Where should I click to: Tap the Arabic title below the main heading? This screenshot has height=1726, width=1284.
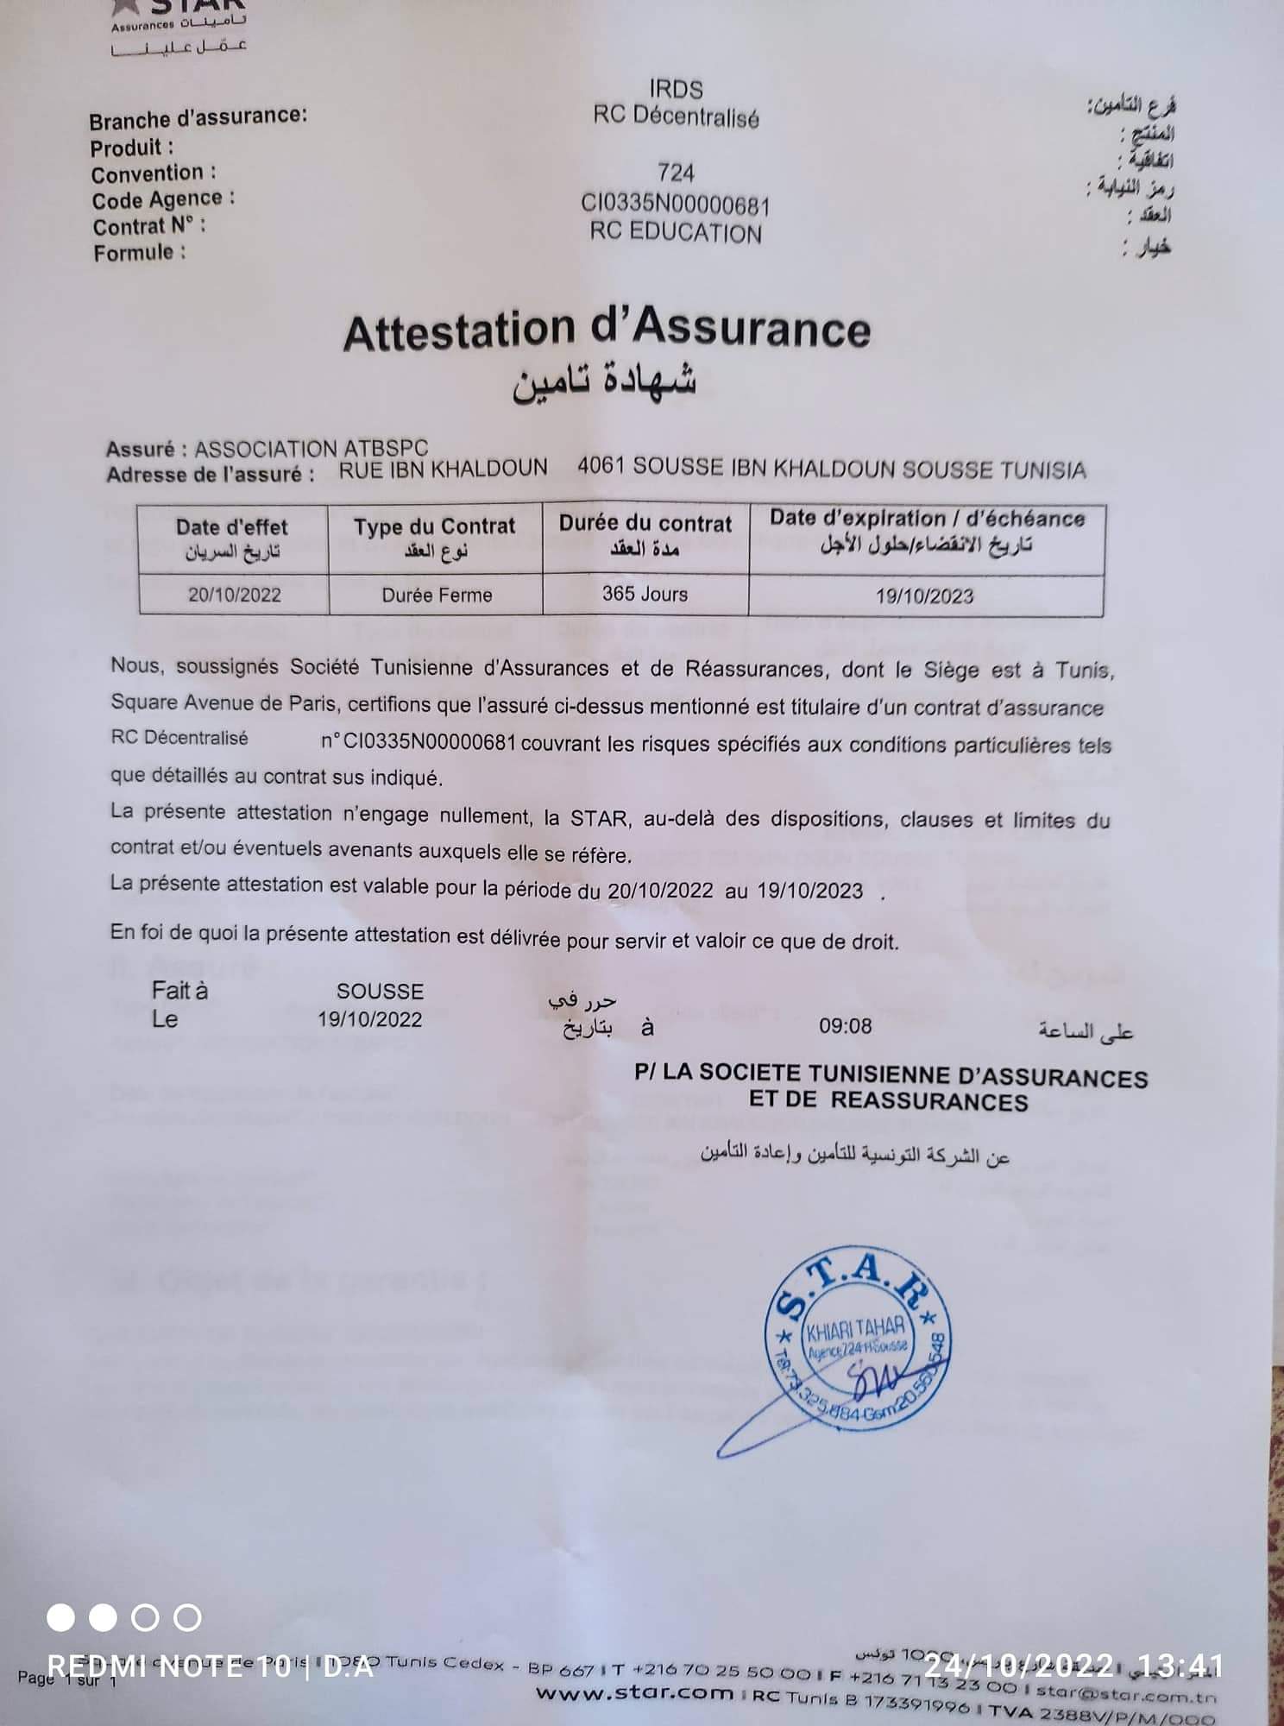tap(604, 382)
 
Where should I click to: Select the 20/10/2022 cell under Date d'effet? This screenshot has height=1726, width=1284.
tap(234, 595)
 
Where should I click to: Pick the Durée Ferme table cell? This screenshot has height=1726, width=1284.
tap(437, 595)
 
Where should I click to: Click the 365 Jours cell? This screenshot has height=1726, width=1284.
tap(645, 594)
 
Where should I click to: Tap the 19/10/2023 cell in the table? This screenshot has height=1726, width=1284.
tap(924, 595)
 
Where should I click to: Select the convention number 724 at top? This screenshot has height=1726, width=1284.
tap(676, 173)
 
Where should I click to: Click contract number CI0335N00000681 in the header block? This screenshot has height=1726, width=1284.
tap(675, 205)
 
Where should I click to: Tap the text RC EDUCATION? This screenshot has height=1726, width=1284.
tap(676, 233)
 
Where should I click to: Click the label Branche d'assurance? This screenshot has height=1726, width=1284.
tap(198, 117)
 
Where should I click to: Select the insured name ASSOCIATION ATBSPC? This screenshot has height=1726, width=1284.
tap(311, 449)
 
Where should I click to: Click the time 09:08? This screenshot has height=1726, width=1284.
tap(845, 1025)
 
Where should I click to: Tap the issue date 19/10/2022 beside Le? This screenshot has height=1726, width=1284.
tap(369, 1019)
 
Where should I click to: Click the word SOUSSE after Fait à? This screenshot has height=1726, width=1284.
tap(380, 992)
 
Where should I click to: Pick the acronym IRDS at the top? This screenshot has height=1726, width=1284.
tap(676, 89)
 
